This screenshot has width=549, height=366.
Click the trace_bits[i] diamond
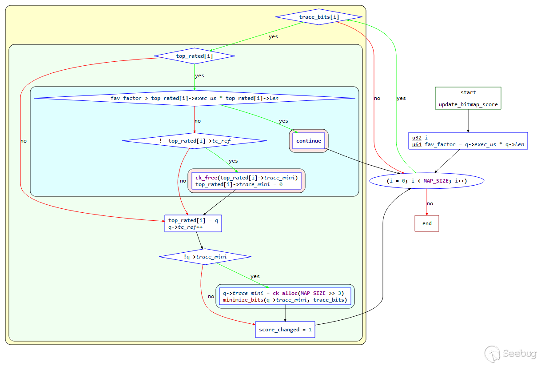[318, 17]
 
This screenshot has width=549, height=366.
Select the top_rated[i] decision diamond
[195, 56]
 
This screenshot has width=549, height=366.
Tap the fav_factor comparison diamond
[195, 98]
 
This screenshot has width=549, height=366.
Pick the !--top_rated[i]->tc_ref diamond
[195, 141]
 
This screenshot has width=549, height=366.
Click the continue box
[309, 141]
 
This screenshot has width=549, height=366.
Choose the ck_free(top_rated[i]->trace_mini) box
[247, 181]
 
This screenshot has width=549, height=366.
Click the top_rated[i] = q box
[193, 223]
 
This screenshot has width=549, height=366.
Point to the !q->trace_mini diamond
[205, 257]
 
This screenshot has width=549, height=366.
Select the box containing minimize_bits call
[285, 296]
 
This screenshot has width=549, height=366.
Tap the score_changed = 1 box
[285, 330]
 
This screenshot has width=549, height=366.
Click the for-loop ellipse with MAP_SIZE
[427, 181]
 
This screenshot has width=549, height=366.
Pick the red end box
[427, 223]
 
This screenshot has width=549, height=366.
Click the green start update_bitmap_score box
[468, 98]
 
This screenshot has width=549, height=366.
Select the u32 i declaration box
[468, 141]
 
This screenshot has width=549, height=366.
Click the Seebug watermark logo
[510, 354]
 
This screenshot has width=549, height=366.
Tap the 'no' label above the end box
[430, 203]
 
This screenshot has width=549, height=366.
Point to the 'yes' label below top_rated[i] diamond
[199, 76]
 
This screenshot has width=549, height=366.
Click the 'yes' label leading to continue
[283, 121]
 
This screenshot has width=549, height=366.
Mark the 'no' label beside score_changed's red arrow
[211, 296]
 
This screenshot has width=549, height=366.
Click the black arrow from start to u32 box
[468, 121]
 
